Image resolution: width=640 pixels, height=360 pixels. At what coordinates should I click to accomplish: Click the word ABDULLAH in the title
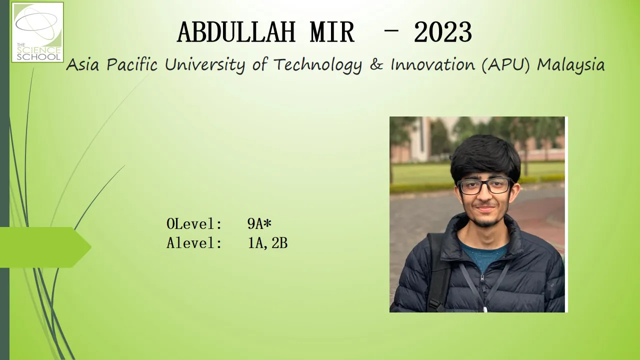click(x=236, y=32)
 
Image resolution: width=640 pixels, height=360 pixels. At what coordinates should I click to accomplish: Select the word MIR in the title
click(x=332, y=32)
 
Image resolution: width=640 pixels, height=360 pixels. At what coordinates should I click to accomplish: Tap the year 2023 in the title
click(x=443, y=32)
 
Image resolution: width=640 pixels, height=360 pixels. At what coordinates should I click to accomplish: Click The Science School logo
click(x=37, y=32)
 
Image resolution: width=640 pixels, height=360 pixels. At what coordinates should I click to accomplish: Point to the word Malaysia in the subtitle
click(x=571, y=64)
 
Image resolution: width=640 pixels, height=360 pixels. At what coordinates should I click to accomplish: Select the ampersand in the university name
click(x=376, y=64)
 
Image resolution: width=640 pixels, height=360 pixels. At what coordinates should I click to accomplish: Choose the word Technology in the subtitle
click(x=317, y=65)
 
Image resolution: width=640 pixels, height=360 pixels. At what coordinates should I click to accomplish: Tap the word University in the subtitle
click(x=205, y=65)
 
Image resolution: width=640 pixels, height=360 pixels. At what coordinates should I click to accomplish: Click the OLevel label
click(x=194, y=223)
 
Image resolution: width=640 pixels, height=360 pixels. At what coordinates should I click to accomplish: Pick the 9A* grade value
click(x=259, y=223)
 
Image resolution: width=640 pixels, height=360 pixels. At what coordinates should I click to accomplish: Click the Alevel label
click(x=194, y=243)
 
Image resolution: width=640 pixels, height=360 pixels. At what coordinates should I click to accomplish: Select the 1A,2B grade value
click(x=267, y=243)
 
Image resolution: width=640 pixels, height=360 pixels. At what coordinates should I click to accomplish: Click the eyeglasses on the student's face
click(x=485, y=186)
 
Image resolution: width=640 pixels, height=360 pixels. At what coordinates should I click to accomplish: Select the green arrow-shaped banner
click(x=45, y=247)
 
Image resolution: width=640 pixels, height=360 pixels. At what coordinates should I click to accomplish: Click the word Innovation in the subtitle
click(x=432, y=64)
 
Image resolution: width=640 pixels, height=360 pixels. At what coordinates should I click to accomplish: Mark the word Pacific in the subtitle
click(x=131, y=64)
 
